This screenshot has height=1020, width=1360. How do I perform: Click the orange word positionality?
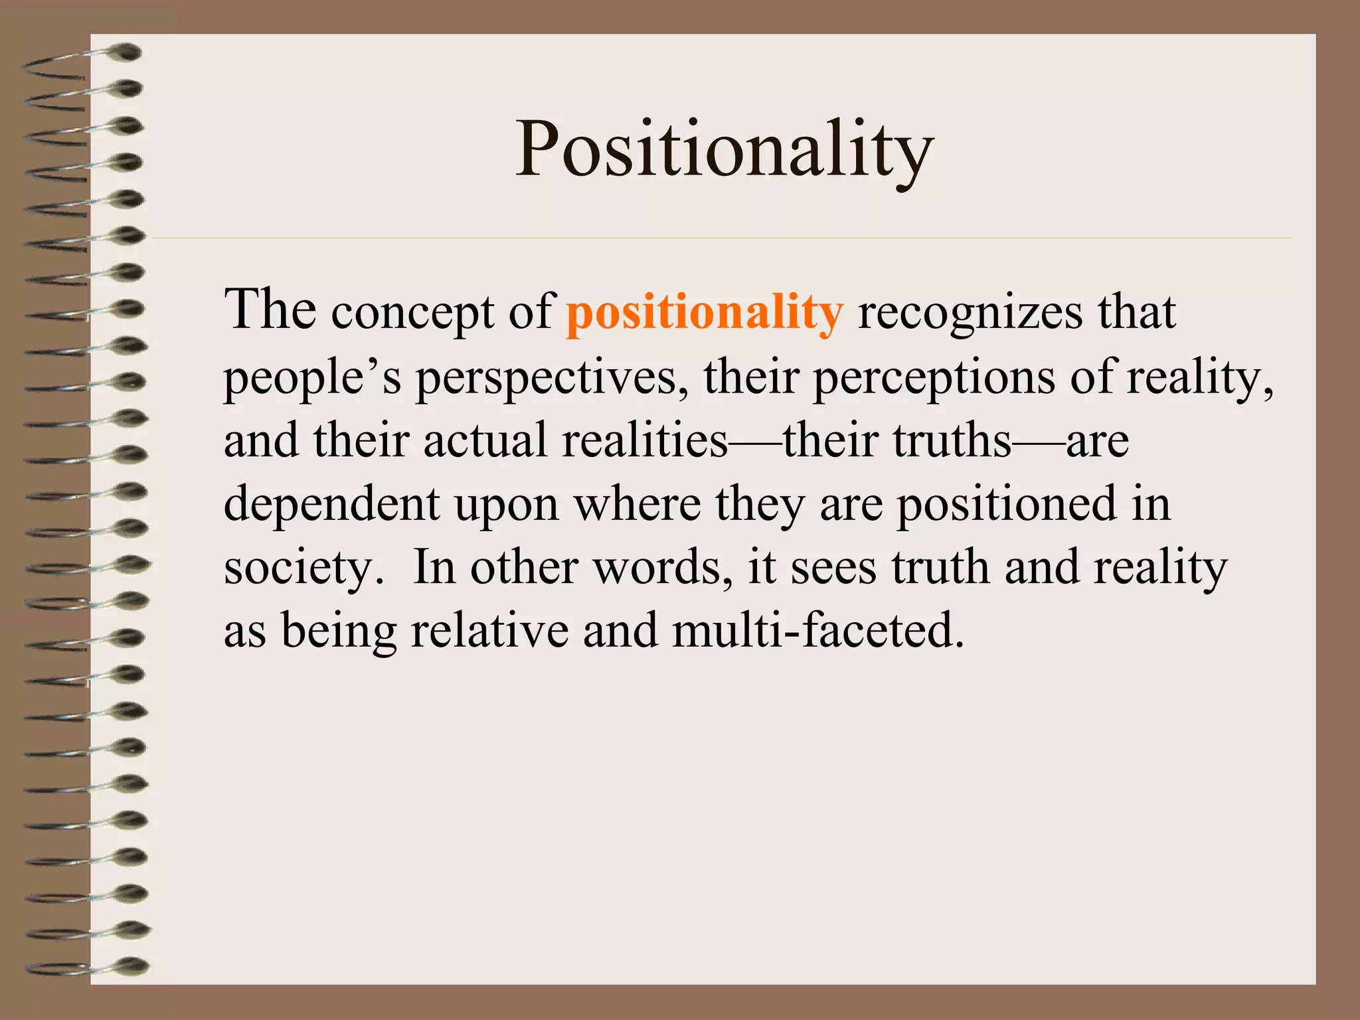(705, 312)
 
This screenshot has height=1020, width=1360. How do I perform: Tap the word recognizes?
(970, 312)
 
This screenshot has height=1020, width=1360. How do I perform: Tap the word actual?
(485, 440)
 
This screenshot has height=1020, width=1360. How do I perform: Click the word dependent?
(331, 505)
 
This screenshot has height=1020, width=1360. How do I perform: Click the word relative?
(489, 630)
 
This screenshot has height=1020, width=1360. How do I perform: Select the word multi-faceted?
(817, 630)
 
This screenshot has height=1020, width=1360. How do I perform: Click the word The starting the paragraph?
(270, 310)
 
